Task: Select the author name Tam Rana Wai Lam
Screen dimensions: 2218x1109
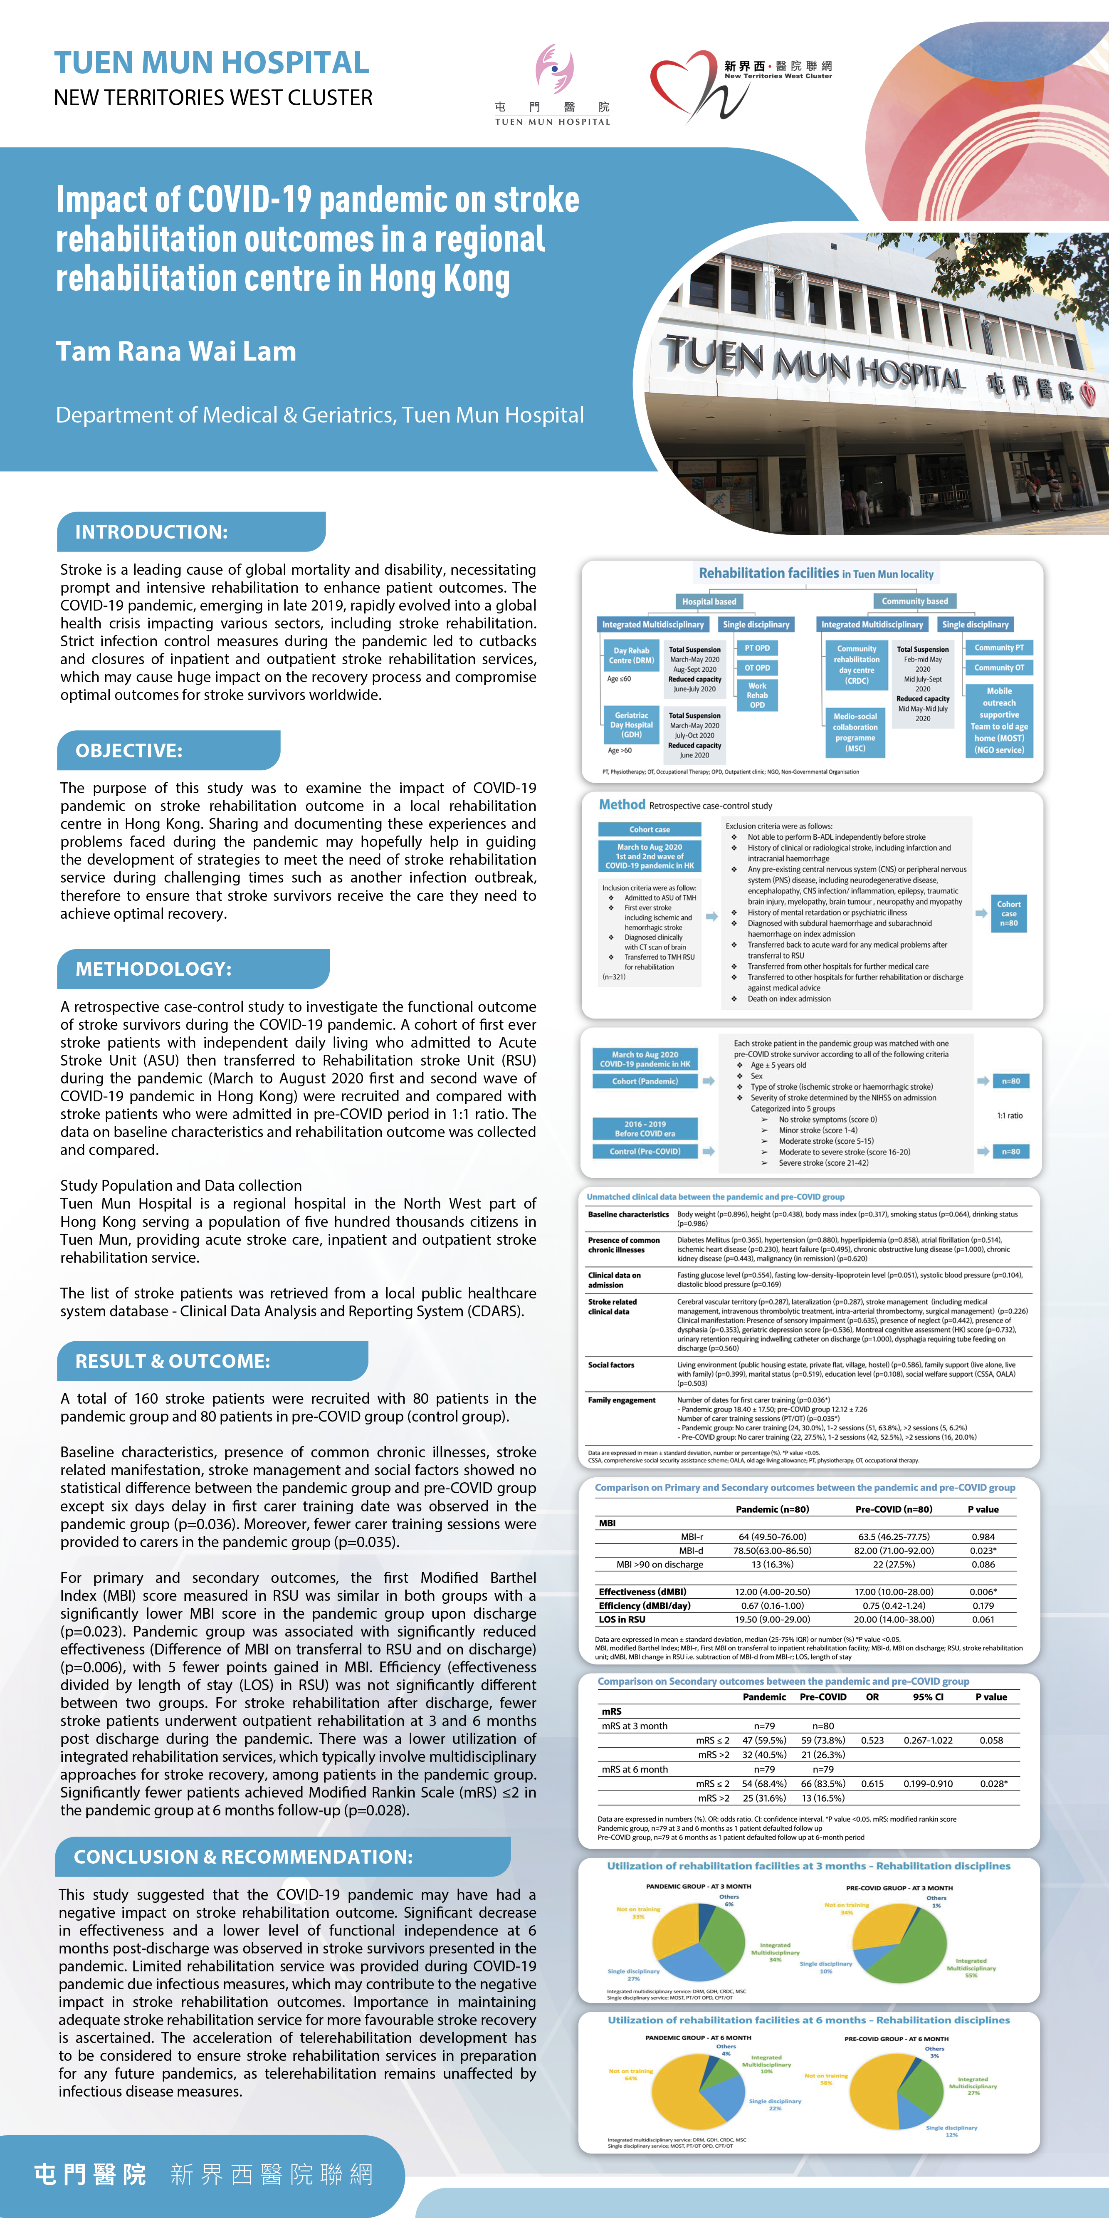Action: pyautogui.click(x=175, y=351)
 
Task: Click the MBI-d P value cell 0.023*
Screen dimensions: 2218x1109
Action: pyautogui.click(x=983, y=1551)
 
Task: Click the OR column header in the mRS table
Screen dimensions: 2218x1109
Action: pyautogui.click(x=872, y=1697)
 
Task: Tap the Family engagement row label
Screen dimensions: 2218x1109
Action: pyautogui.click(x=622, y=1400)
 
